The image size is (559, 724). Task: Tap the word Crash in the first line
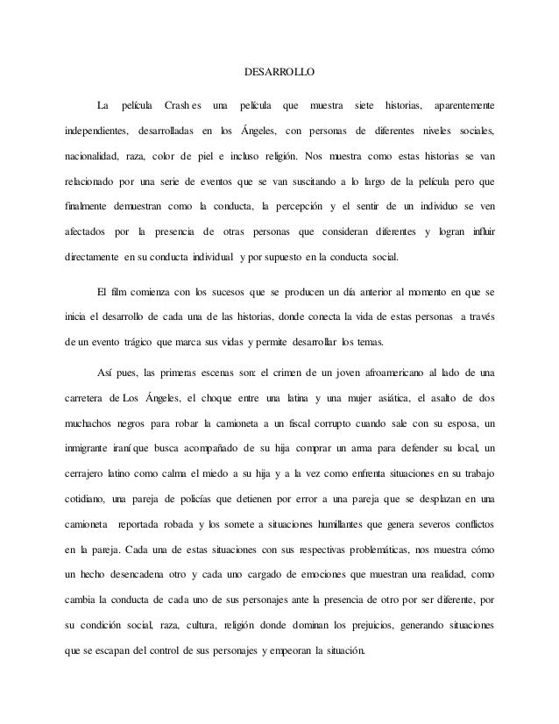(177, 107)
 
